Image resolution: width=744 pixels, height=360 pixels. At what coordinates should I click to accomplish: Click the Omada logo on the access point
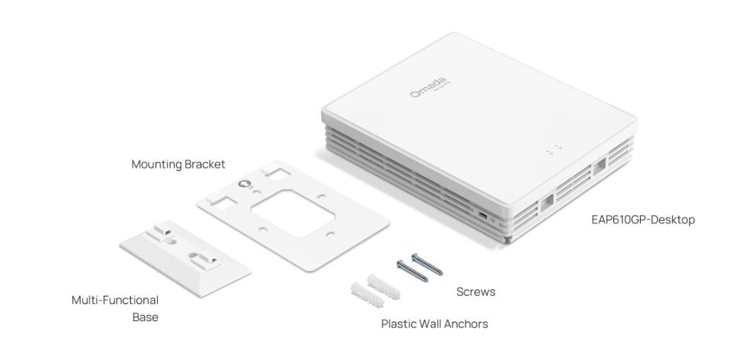[430, 87]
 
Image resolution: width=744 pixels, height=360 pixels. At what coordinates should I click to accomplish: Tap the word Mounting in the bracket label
[156, 165]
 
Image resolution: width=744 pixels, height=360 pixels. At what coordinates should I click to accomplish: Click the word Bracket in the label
[204, 164]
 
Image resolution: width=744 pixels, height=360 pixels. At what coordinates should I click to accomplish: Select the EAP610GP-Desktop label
[643, 219]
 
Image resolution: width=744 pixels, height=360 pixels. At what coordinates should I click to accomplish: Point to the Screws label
[475, 291]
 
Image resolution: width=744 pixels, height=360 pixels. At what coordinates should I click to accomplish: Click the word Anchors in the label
[467, 324]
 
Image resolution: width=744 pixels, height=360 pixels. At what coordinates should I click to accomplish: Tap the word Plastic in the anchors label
[397, 324]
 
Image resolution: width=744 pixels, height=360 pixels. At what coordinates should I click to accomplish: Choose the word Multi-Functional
[115, 301]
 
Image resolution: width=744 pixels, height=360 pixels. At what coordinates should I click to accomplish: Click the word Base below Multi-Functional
[145, 318]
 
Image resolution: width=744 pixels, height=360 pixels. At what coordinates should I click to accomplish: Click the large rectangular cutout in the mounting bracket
[293, 212]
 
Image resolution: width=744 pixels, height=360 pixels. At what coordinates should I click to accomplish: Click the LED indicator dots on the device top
[554, 150]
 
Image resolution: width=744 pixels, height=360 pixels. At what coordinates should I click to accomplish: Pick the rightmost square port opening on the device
[599, 167]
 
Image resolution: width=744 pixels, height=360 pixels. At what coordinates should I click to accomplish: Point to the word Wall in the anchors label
[429, 324]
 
